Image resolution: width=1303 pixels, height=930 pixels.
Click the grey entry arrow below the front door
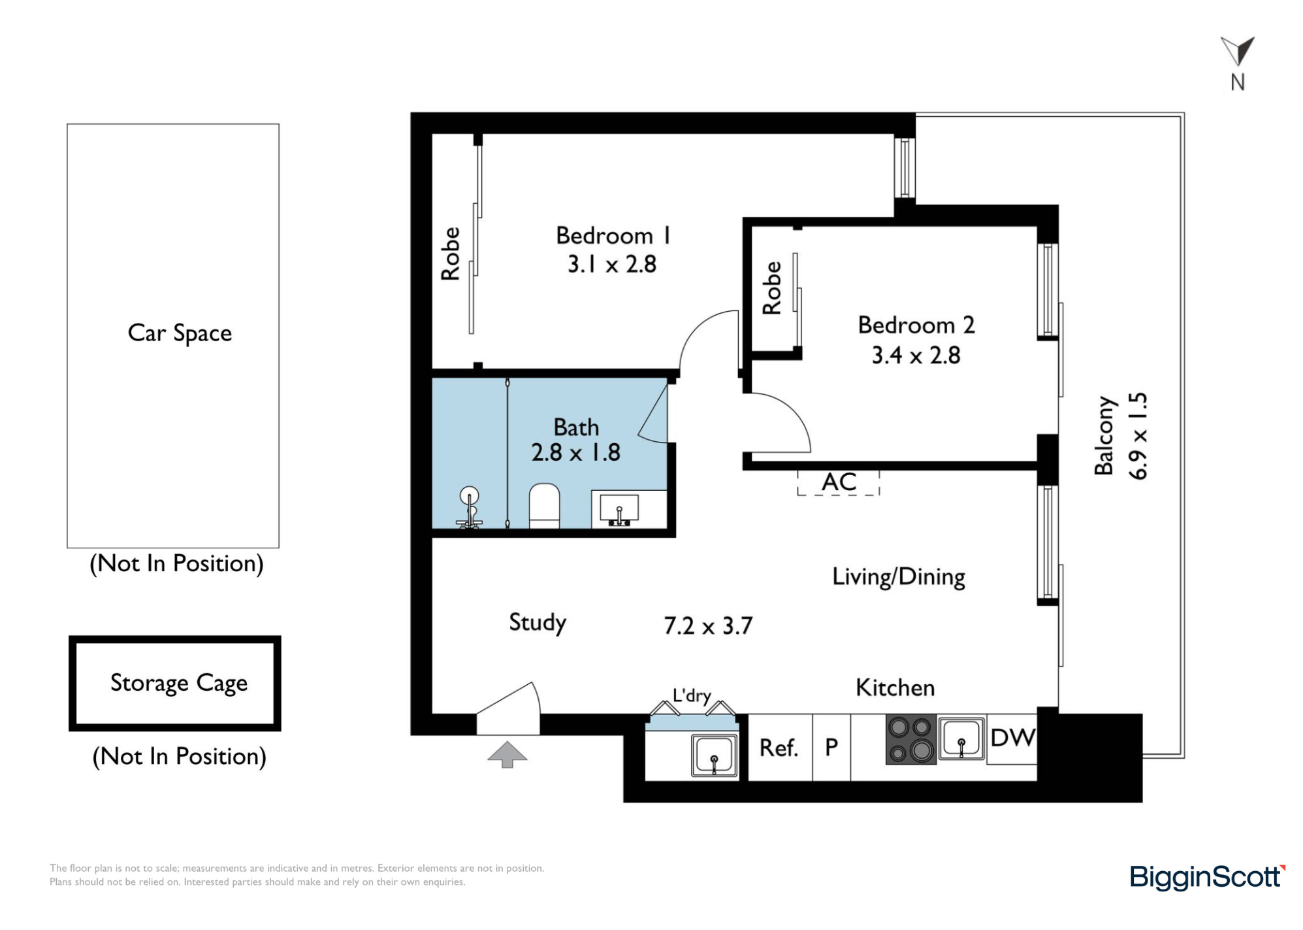(x=507, y=755)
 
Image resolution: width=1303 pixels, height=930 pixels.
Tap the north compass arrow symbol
(x=1237, y=51)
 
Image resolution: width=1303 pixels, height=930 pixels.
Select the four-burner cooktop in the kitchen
(x=911, y=740)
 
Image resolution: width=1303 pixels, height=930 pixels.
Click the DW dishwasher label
(x=1012, y=738)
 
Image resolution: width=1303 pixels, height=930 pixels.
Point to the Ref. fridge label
(x=779, y=748)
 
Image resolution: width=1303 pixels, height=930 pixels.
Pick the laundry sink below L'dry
(x=714, y=756)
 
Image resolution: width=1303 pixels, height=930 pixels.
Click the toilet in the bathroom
(x=544, y=506)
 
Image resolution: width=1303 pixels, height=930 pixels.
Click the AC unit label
(x=839, y=482)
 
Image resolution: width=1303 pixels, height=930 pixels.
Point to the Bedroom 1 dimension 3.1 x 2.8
(x=611, y=265)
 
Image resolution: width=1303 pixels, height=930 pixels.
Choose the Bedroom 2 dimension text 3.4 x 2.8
(x=916, y=356)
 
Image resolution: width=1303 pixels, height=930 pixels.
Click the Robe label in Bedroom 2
(x=772, y=288)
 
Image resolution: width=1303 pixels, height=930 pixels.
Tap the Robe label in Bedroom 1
(x=450, y=254)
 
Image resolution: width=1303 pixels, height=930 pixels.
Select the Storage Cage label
(x=179, y=683)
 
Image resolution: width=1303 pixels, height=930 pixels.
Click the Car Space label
(x=180, y=333)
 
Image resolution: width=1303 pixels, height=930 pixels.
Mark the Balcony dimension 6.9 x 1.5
(x=1138, y=436)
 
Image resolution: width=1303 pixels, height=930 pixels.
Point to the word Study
(x=538, y=622)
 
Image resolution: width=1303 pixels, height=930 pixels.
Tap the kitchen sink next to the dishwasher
(x=961, y=739)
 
